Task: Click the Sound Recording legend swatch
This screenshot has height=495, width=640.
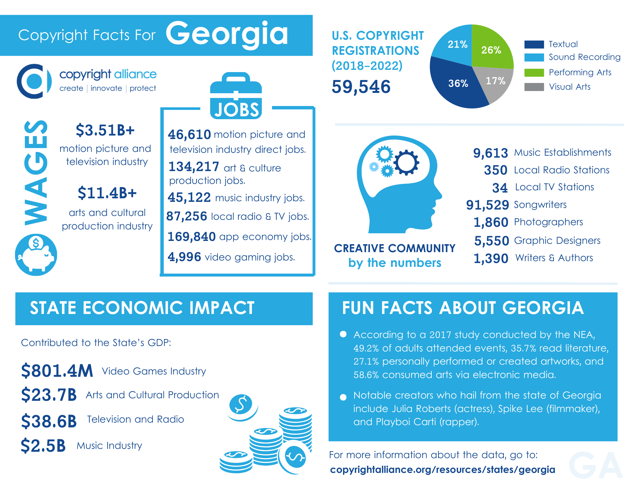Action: click(534, 57)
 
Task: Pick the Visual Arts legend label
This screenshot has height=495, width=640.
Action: click(570, 87)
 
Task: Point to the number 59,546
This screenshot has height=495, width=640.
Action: click(361, 87)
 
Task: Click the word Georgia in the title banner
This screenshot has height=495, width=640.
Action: click(227, 34)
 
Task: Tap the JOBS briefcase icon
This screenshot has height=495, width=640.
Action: click(236, 96)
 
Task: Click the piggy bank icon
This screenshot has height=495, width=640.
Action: click(36, 255)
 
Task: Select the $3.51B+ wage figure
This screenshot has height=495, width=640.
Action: click(105, 130)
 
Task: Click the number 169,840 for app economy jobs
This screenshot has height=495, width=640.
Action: click(191, 237)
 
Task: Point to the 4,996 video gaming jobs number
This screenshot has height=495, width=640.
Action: click(184, 257)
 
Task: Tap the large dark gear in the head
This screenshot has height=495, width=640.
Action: click(406, 162)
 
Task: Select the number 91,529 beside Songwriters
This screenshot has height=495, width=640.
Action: click(487, 205)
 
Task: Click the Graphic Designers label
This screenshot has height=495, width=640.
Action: click(557, 241)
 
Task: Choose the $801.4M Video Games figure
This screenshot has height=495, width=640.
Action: click(57, 371)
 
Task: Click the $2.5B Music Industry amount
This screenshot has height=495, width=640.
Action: click(43, 446)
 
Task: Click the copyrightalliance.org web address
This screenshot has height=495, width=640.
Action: click(442, 470)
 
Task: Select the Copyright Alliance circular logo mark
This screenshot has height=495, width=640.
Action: click(34, 81)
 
